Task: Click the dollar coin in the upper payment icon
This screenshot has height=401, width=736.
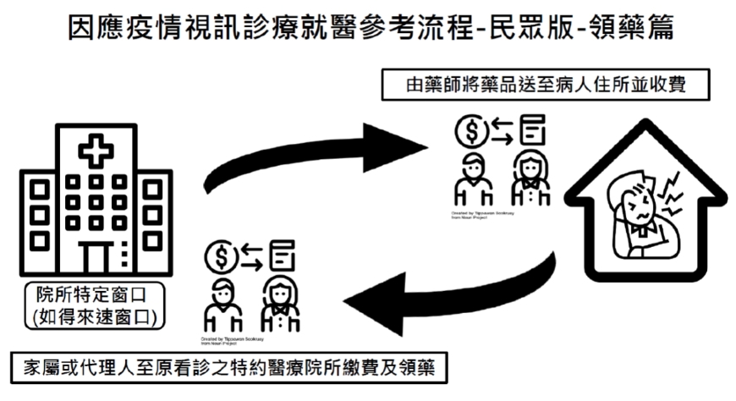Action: tap(470, 129)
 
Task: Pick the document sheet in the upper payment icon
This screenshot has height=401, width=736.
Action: tap(531, 130)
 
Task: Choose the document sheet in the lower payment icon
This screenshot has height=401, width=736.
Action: tap(283, 253)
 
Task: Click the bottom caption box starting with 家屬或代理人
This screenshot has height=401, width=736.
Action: tap(228, 370)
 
